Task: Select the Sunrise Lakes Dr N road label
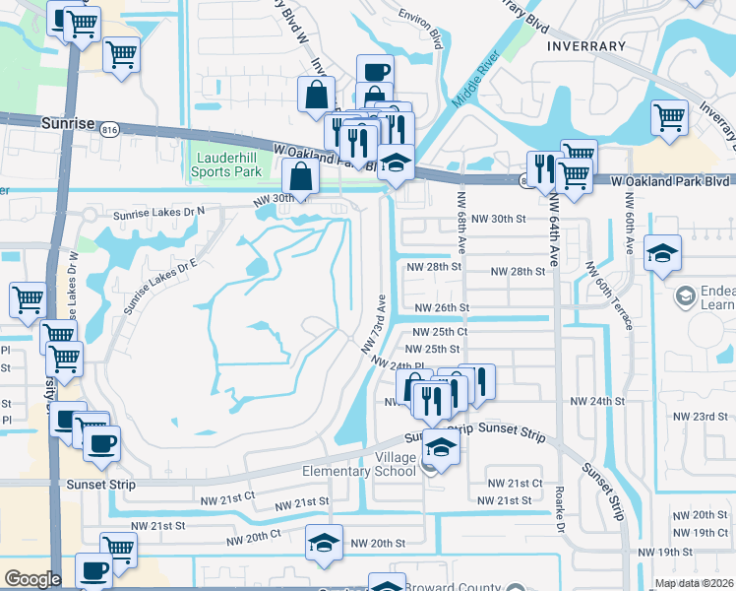(158, 211)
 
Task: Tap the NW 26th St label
(442, 307)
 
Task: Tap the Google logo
(32, 579)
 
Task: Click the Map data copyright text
(695, 583)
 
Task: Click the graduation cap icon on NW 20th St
(323, 543)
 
